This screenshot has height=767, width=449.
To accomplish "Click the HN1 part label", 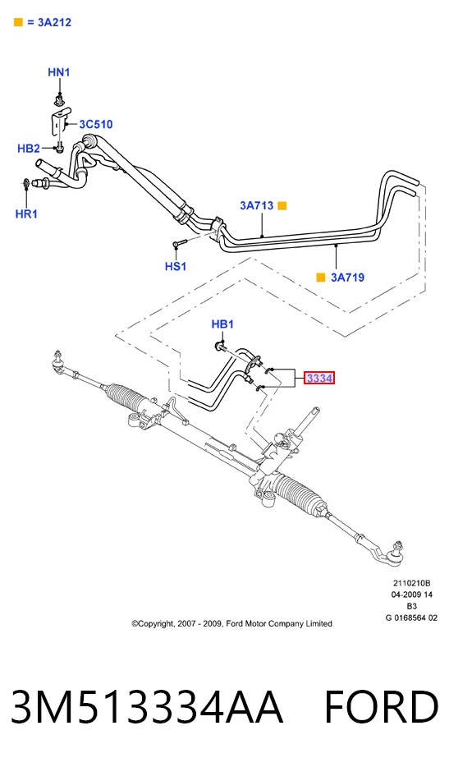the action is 59,72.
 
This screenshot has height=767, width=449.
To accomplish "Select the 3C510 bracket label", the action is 96,124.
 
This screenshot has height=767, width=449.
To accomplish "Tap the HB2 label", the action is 29,148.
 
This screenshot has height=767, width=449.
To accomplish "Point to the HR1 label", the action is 26,214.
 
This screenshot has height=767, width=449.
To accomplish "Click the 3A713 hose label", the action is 256,205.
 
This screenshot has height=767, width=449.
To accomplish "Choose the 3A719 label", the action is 347,278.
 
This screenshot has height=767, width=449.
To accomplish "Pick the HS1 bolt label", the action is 176,267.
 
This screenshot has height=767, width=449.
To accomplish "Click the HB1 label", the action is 222,324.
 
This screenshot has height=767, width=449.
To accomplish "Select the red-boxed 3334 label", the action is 319,378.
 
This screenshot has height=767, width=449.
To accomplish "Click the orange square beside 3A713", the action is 282,206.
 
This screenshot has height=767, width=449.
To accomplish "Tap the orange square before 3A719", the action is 321,278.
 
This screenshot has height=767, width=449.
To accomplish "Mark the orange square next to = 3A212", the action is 18,22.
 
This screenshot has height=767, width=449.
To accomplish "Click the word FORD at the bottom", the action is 382,707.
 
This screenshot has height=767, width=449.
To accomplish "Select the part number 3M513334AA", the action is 147,707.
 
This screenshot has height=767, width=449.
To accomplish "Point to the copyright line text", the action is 231,623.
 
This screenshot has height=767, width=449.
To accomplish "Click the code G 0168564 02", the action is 411,618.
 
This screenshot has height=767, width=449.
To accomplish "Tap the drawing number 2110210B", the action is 411,583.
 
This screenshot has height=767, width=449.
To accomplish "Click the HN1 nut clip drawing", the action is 59,101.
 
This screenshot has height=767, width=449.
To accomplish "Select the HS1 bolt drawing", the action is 180,242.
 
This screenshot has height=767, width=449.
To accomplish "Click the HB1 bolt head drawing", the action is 220,347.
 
